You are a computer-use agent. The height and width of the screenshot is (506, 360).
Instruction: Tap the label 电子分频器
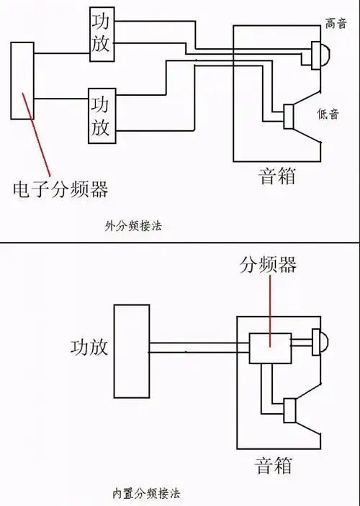click(60, 189)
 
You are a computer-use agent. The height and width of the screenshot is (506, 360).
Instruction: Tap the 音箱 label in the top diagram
click(277, 176)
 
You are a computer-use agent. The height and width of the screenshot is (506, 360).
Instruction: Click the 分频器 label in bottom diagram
click(268, 265)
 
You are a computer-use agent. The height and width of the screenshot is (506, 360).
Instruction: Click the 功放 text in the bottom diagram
click(89, 347)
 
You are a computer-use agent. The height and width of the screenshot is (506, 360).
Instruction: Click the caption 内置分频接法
click(146, 494)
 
